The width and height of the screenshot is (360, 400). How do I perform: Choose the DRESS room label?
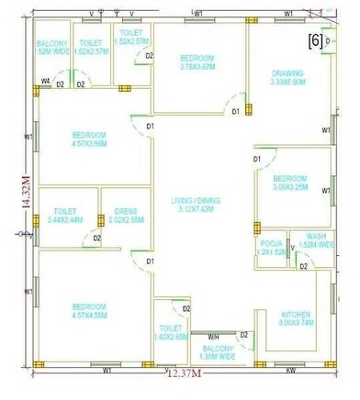[126, 211]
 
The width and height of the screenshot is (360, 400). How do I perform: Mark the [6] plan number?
[314, 41]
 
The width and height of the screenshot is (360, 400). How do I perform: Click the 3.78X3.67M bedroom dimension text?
[197, 66]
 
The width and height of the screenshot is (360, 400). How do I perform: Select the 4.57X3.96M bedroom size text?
[90, 143]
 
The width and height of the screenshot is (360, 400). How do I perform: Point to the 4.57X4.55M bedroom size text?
[90, 315]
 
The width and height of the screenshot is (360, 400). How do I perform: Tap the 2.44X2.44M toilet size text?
[65, 220]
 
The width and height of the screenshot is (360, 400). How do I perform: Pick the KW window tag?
[290, 371]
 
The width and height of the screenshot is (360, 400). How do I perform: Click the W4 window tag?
[44, 83]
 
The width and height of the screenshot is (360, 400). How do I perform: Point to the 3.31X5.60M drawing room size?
[289, 82]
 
